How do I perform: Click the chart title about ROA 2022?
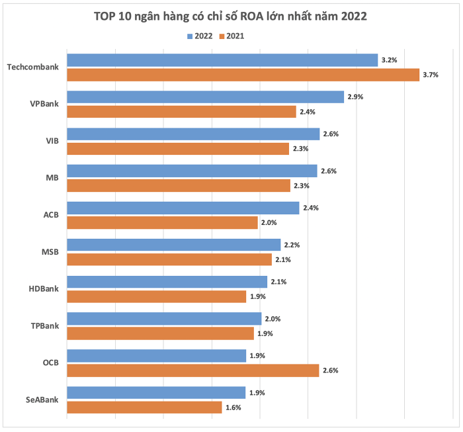click(x=230, y=16)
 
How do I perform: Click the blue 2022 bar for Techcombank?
click(x=222, y=60)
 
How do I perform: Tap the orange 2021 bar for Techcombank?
click(x=243, y=75)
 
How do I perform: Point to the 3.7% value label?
click(x=431, y=75)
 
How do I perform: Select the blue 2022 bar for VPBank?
click(x=205, y=97)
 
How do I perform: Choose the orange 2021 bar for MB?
click(x=179, y=186)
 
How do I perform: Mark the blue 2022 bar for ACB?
click(x=183, y=208)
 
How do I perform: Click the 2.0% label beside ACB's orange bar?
click(x=269, y=223)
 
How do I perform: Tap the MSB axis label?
click(x=50, y=252)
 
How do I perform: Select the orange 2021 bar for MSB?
click(x=169, y=259)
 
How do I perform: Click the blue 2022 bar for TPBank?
click(x=164, y=319)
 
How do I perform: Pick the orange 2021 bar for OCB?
click(x=192, y=370)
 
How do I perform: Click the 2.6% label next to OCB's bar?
click(x=330, y=370)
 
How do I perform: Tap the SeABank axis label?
click(x=42, y=400)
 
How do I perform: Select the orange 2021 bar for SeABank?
click(x=144, y=408)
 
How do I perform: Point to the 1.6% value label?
click(x=233, y=408)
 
